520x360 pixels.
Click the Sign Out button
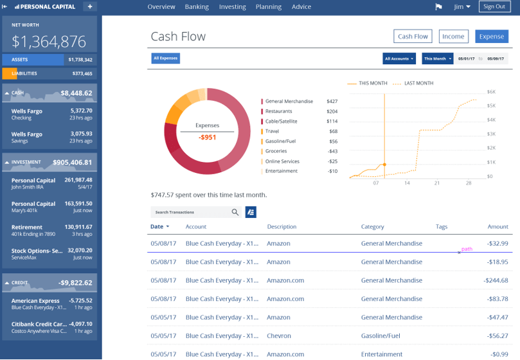(494, 6)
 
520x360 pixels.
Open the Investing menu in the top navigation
(232, 7)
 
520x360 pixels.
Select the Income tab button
(453, 37)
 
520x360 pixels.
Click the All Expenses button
(166, 59)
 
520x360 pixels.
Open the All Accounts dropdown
(399, 59)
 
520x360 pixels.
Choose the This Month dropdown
(437, 59)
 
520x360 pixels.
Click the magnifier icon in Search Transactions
(235, 212)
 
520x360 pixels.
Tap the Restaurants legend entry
(278, 111)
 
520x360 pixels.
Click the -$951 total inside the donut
(207, 137)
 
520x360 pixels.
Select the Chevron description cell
(278, 336)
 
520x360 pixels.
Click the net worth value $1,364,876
(49, 42)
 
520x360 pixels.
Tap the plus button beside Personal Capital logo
(89, 6)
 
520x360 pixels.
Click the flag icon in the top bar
(439, 7)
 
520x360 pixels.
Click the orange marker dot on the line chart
(384, 165)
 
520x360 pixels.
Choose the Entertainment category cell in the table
(382, 354)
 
